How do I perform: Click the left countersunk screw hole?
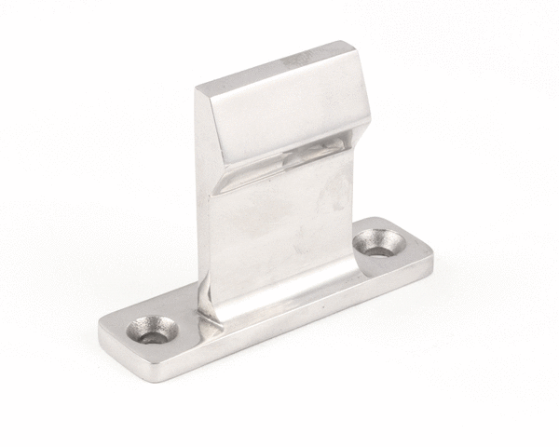pyautogui.click(x=152, y=328)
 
